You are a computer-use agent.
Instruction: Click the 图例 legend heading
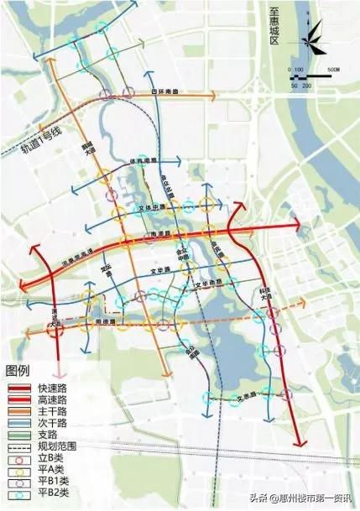click(x=18, y=371)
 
